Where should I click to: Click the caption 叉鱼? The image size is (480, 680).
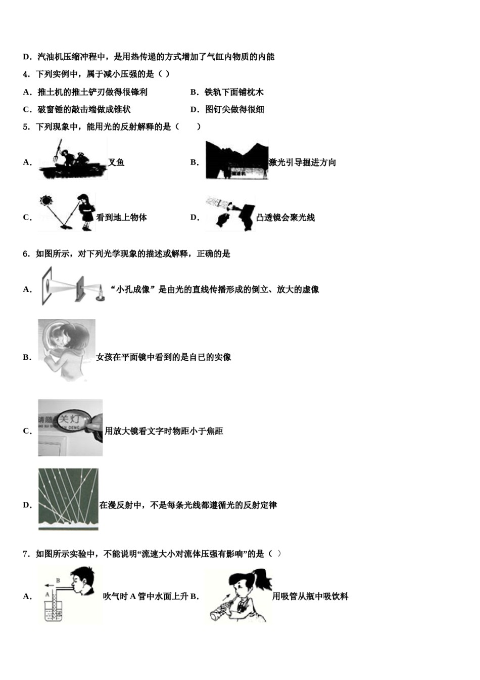(116, 162)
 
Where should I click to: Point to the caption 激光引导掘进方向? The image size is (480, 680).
(302, 162)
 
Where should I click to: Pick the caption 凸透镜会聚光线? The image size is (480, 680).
(285, 218)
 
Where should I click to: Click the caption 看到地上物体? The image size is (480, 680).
(121, 218)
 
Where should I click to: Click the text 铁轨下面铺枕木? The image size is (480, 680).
(234, 92)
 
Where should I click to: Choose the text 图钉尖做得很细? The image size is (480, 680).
(234, 109)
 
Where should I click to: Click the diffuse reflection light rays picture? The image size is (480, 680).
(68, 499)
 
